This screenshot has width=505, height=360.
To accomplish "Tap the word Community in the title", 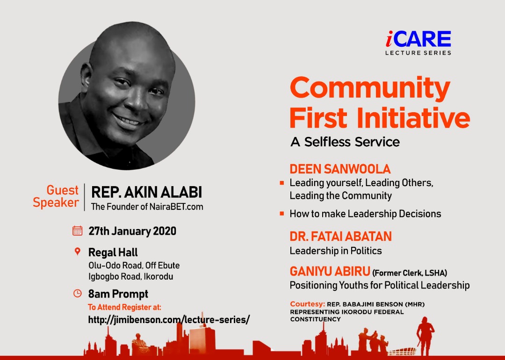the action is pos(370,88).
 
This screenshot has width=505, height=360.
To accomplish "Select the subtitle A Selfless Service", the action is pos(345,142).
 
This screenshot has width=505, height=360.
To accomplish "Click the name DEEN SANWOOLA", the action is pos(340,169).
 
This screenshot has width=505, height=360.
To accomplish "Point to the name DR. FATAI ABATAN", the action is pos(340,237).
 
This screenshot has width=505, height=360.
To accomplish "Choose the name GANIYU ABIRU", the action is pos(330,272).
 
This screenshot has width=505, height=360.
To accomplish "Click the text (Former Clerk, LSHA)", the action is pos(409,274).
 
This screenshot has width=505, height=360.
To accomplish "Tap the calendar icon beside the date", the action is pos(77,230).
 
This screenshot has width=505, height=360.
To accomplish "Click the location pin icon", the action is pos(77,252).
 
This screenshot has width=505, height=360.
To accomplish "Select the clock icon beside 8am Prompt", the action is pos(78,293).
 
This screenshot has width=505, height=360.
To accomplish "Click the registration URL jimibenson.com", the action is pos(169,320).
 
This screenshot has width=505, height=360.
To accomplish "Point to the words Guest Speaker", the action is pos(56,196).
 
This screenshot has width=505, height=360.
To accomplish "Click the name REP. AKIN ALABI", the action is pos(146,192).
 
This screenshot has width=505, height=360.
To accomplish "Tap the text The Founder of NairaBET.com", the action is pos(147,207).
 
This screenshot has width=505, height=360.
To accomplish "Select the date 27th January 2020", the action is pos(132,231).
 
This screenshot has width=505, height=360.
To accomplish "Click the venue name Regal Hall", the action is pos(113,252).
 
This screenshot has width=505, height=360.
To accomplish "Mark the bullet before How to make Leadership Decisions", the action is pos(282,214).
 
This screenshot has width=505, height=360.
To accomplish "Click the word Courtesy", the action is pos(307,304).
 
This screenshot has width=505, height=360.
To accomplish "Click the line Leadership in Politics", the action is pos(336,251).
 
